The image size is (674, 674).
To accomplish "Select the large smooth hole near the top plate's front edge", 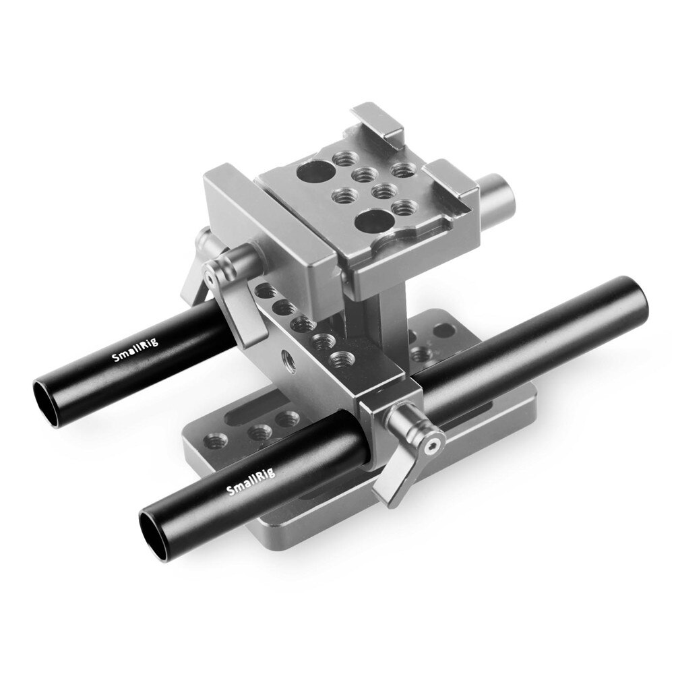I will (x=372, y=220).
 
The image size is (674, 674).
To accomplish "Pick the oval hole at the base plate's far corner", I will (x=443, y=329).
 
